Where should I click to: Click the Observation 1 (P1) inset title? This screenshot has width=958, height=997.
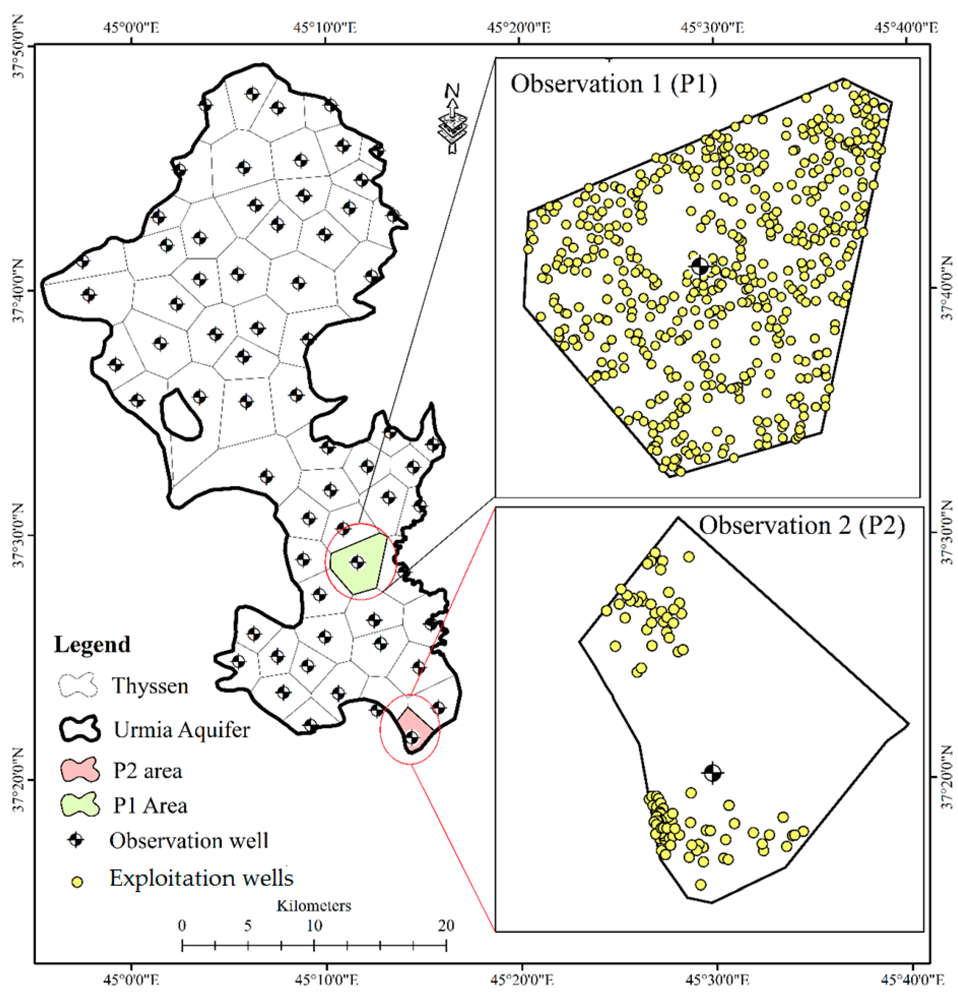(613, 84)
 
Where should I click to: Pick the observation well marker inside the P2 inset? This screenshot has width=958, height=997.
(712, 773)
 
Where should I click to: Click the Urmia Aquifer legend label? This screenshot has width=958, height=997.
(182, 730)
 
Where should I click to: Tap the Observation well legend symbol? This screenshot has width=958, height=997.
(76, 840)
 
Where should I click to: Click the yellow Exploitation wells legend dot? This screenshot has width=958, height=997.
(77, 882)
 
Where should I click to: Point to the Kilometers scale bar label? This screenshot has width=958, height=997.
(314, 906)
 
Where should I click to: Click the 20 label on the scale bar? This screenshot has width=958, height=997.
(446, 926)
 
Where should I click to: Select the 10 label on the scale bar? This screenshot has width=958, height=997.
(314, 926)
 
